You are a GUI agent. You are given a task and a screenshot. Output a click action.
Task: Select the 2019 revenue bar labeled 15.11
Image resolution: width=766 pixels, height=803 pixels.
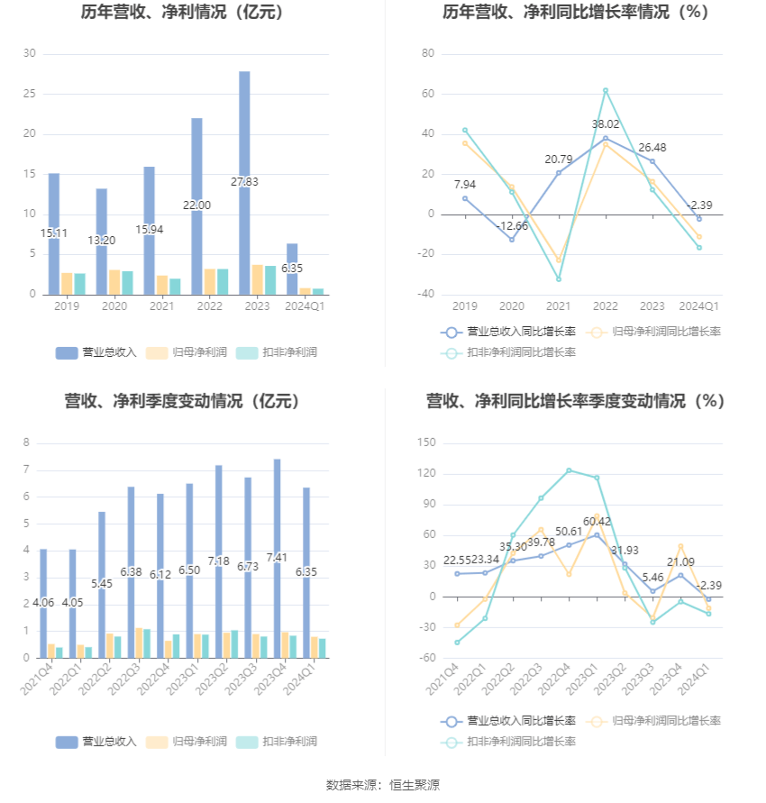pyautogui.click(x=54, y=233)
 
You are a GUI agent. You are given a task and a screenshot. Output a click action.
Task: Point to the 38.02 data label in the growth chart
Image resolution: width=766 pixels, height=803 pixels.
pyautogui.click(x=606, y=124)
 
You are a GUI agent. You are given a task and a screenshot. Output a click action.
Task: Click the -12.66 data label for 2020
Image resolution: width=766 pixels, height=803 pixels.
pyautogui.click(x=513, y=225)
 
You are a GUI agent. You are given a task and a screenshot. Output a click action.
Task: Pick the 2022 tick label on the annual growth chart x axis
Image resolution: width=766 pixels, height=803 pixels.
pyautogui.click(x=606, y=306)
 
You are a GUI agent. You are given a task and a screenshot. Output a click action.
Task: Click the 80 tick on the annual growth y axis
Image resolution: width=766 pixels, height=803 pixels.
pyautogui.click(x=428, y=54)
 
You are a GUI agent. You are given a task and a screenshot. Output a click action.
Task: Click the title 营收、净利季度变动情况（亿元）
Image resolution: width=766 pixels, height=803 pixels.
pyautogui.click(x=182, y=402)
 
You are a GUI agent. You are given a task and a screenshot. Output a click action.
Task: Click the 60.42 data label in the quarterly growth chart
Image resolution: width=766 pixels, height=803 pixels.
pyautogui.click(x=597, y=522)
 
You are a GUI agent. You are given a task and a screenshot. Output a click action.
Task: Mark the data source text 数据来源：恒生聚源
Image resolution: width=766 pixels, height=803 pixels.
pyautogui.click(x=383, y=785)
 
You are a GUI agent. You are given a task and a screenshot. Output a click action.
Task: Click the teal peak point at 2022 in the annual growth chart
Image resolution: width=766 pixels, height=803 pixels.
pyautogui.click(x=606, y=90)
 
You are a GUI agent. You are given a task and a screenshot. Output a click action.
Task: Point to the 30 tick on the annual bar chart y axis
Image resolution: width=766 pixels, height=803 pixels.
pyautogui.click(x=30, y=54)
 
